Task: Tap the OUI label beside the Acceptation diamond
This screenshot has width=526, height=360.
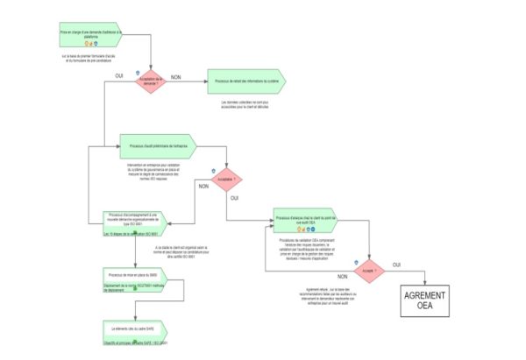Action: pyautogui.click(x=119, y=77)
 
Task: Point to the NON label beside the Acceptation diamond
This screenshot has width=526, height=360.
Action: pyautogui.click(x=175, y=76)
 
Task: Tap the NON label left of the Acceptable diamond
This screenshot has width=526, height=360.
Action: pyautogui.click(x=203, y=187)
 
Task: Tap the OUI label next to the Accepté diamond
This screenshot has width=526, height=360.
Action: pyautogui.click(x=396, y=264)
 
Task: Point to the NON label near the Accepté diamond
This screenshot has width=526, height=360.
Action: pyautogui.click(x=344, y=277)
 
